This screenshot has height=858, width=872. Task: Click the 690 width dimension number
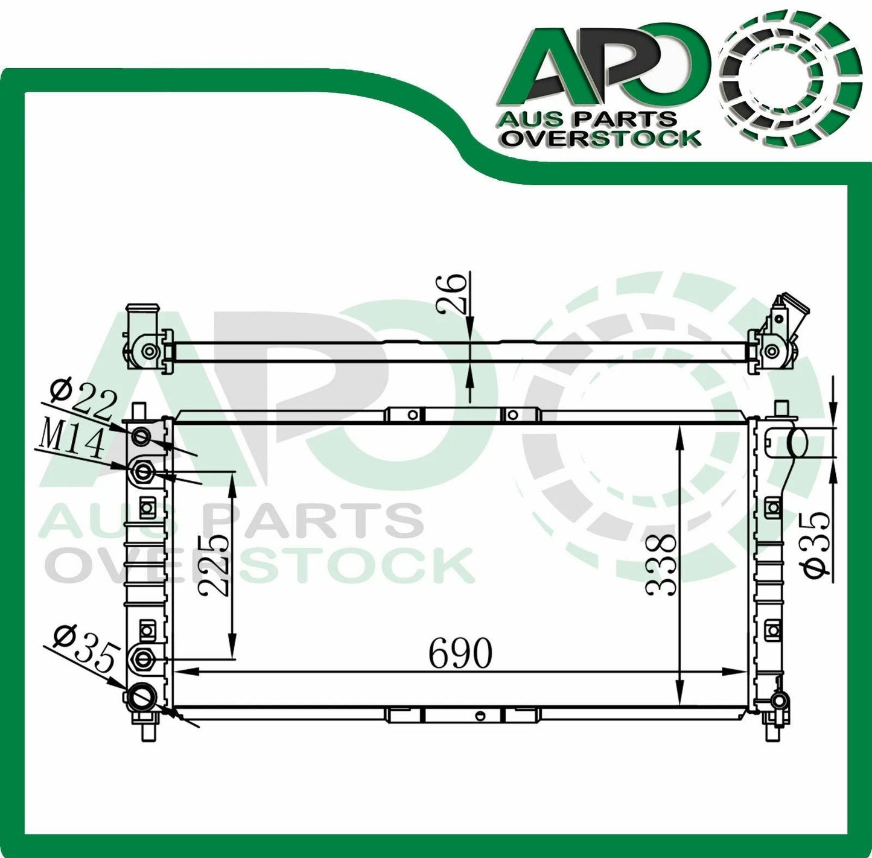tap(460, 653)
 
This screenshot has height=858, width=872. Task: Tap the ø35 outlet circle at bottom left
tap(142, 698)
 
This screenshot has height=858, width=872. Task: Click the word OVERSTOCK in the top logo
tap(602, 139)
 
